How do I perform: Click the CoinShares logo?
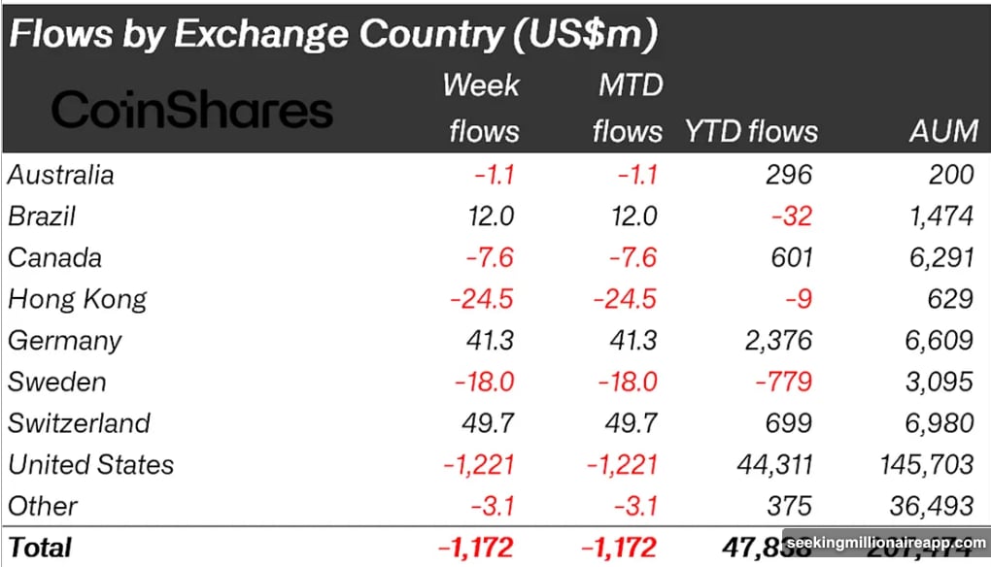pos(191,110)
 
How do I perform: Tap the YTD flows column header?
pos(751,131)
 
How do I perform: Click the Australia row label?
pos(61,175)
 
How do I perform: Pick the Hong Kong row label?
pos(77,299)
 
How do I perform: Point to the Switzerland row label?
pos(79,423)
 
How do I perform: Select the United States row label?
pos(90,465)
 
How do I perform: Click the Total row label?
pos(40,547)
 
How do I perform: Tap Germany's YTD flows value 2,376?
pos(774,341)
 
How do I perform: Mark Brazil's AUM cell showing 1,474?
pos(938,217)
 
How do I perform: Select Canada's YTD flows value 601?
pos(789,258)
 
